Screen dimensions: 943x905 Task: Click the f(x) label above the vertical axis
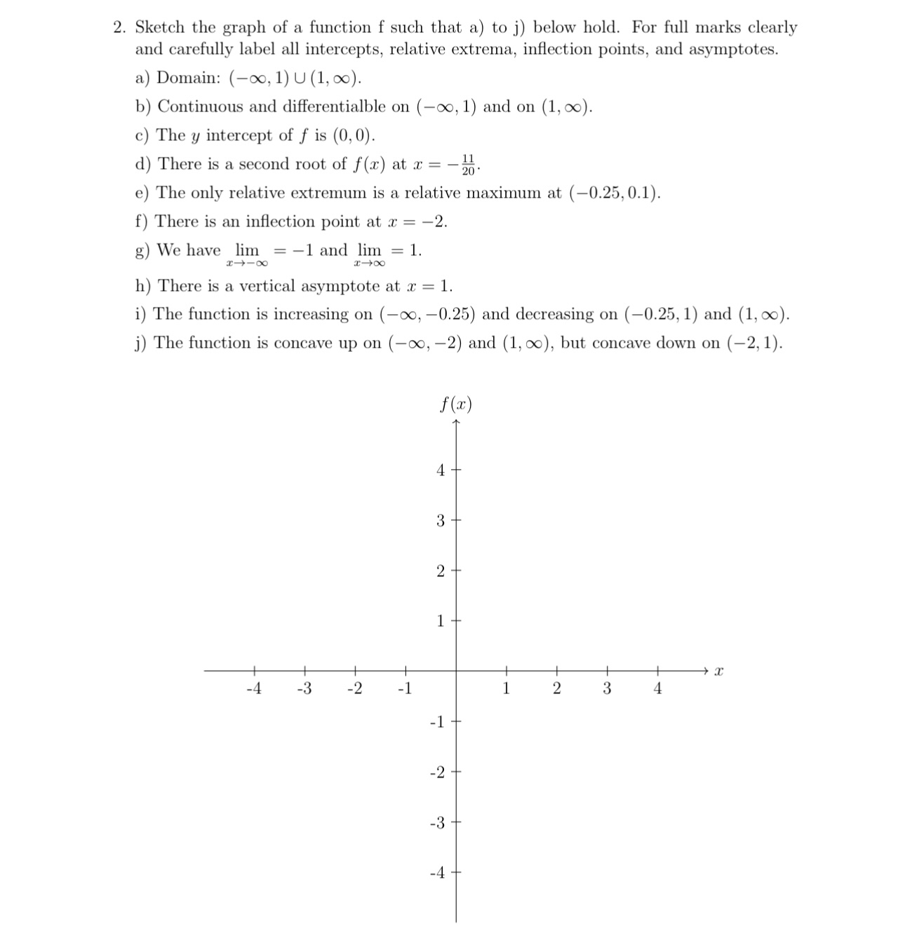pos(456,405)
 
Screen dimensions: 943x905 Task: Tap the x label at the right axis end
pos(718,672)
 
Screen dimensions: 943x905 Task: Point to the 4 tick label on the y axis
pos(441,470)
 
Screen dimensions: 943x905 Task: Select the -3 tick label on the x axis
pos(304,688)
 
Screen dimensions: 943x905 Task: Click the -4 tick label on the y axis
pos(437,873)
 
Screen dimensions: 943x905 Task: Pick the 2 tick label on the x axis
pos(556,688)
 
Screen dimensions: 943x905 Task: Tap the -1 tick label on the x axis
pos(404,688)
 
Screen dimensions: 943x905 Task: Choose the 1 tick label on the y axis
pos(441,621)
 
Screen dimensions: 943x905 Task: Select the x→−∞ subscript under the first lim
pos(246,264)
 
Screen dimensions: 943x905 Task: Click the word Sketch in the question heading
pos(160,27)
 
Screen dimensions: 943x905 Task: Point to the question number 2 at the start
pos(120,27)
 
